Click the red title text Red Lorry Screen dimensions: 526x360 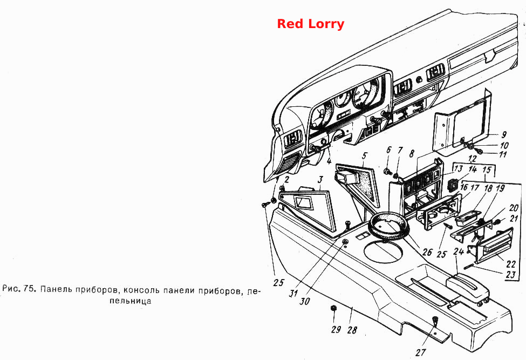tap(311, 24)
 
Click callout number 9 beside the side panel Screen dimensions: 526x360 tap(504, 135)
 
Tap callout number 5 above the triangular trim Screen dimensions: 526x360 tap(365, 156)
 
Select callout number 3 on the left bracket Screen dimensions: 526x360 tap(320, 180)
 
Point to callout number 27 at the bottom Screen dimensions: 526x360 tap(421, 352)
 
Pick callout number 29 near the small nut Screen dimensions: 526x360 tap(336, 329)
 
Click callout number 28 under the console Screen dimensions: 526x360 tap(352, 330)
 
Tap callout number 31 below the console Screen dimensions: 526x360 tap(293, 293)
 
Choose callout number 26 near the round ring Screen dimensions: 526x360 tap(427, 252)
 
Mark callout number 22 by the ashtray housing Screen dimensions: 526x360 tap(511, 264)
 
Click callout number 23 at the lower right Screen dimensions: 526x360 tap(510, 275)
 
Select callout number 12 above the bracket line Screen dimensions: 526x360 tap(473, 158)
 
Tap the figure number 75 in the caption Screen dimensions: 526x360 tap(30, 289)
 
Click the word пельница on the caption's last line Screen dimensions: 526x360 tap(131, 301)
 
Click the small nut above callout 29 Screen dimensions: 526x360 tap(333, 308)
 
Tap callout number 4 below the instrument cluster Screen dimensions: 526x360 tap(329, 161)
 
